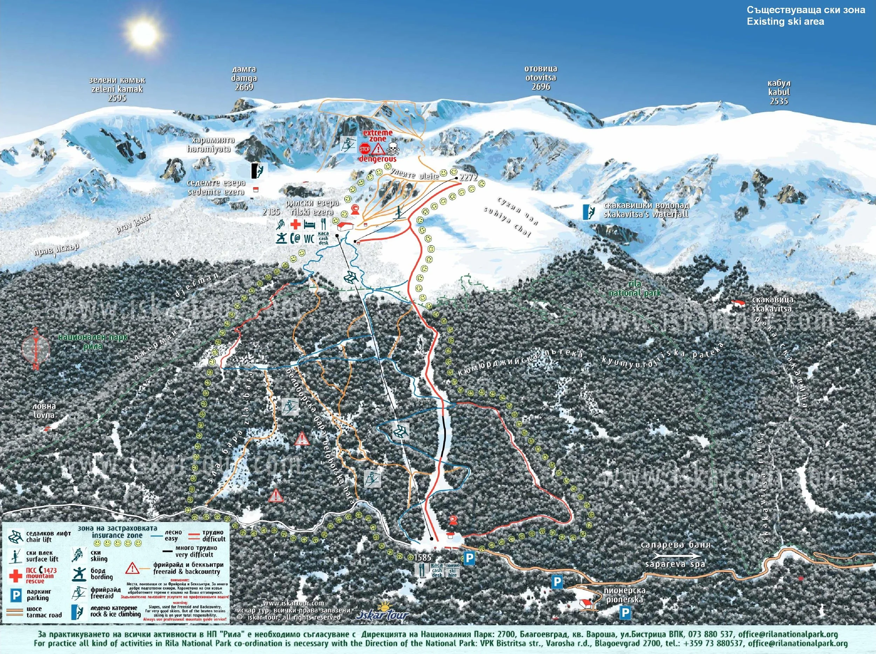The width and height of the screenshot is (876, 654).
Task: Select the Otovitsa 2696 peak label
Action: (x=541, y=77)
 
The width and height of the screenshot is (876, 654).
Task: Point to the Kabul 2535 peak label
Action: (x=779, y=92)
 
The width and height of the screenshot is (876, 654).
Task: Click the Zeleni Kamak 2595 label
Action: (x=117, y=89)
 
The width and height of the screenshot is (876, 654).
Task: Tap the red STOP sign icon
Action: (x=364, y=149)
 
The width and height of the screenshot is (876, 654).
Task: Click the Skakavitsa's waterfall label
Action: (x=646, y=210)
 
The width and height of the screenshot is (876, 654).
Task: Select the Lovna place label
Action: (x=45, y=411)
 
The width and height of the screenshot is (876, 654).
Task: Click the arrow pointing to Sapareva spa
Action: (x=675, y=555)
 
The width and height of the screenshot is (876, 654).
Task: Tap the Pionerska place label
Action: (x=624, y=595)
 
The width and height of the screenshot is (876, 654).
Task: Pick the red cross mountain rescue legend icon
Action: (x=15, y=575)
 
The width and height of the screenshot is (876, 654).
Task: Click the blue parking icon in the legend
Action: (x=15, y=595)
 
